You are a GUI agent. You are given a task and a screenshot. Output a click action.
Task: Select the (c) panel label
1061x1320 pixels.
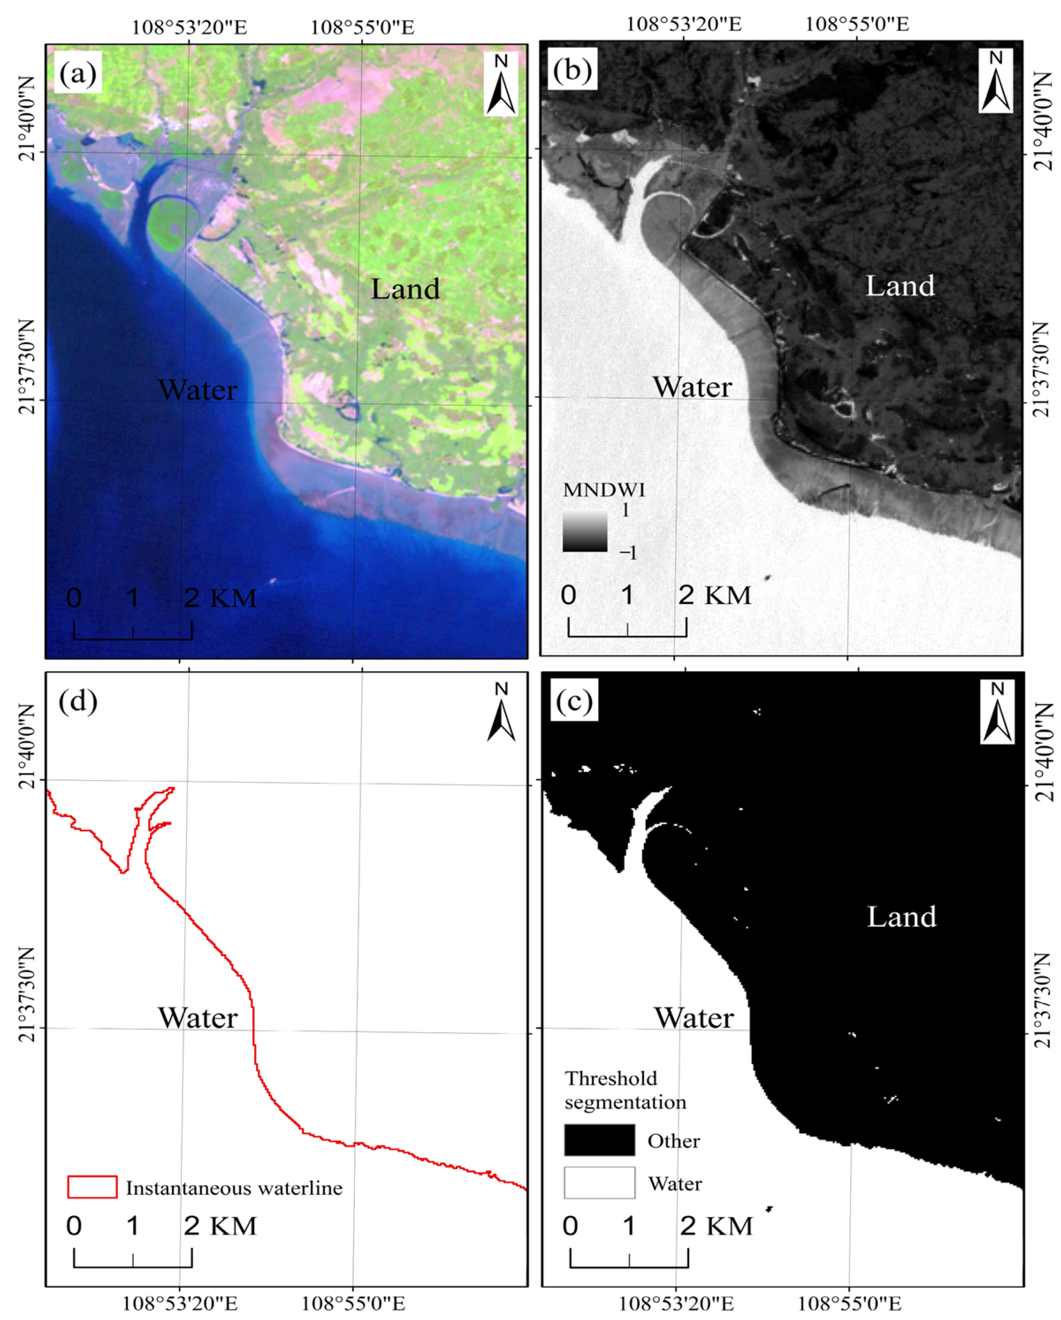click(x=574, y=701)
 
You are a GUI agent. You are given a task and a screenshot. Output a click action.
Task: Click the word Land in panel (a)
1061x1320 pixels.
click(x=405, y=289)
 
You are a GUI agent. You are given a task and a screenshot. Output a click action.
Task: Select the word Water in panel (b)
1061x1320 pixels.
click(x=692, y=387)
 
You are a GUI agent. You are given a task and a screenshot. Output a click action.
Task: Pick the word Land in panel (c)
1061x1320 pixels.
click(x=902, y=917)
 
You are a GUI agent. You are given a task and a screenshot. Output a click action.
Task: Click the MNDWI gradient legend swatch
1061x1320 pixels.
click(x=585, y=532)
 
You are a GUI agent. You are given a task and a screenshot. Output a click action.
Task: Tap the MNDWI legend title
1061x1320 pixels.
click(x=603, y=490)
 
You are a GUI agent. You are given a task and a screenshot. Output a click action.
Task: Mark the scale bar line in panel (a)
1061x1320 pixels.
click(x=133, y=638)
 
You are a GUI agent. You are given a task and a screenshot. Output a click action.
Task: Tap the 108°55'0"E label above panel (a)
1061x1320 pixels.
click(x=363, y=27)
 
